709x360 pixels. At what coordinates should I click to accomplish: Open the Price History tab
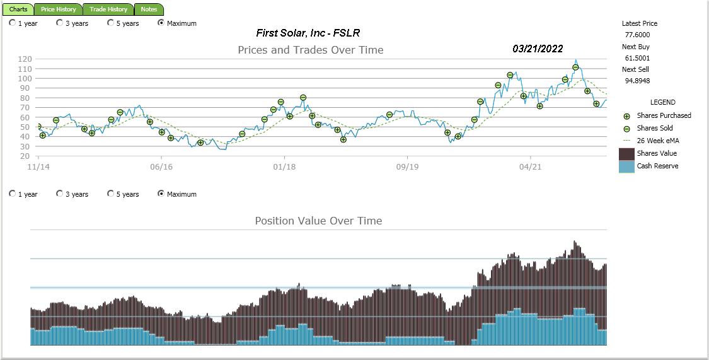point(59,9)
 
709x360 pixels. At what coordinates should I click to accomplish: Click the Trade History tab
point(108,9)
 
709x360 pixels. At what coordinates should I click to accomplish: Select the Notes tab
point(149,9)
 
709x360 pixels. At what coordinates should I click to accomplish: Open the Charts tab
point(18,9)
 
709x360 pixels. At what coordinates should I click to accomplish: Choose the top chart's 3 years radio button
point(60,23)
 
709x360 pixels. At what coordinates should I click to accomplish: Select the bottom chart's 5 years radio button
point(111,194)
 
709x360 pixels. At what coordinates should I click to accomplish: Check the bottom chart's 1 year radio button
point(13,194)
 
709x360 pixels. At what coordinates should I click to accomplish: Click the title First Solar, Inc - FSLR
point(308,33)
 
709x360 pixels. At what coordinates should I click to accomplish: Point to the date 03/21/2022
point(538,49)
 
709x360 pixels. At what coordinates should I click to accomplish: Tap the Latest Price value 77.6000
point(637,35)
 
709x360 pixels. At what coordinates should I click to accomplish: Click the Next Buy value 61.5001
point(637,58)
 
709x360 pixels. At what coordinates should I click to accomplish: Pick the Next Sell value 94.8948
point(637,81)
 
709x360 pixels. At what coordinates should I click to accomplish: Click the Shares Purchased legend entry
point(664,115)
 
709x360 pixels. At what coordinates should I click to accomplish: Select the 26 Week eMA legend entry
point(658,141)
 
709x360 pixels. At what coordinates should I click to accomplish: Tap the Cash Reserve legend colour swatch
point(626,166)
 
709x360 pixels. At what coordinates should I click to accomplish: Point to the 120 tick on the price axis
point(25,59)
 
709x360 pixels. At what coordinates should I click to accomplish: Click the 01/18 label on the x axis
point(284,167)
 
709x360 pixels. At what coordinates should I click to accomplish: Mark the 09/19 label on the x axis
point(407,167)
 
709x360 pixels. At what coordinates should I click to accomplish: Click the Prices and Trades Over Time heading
point(310,50)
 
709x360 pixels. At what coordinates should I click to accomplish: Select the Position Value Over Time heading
point(318,221)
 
